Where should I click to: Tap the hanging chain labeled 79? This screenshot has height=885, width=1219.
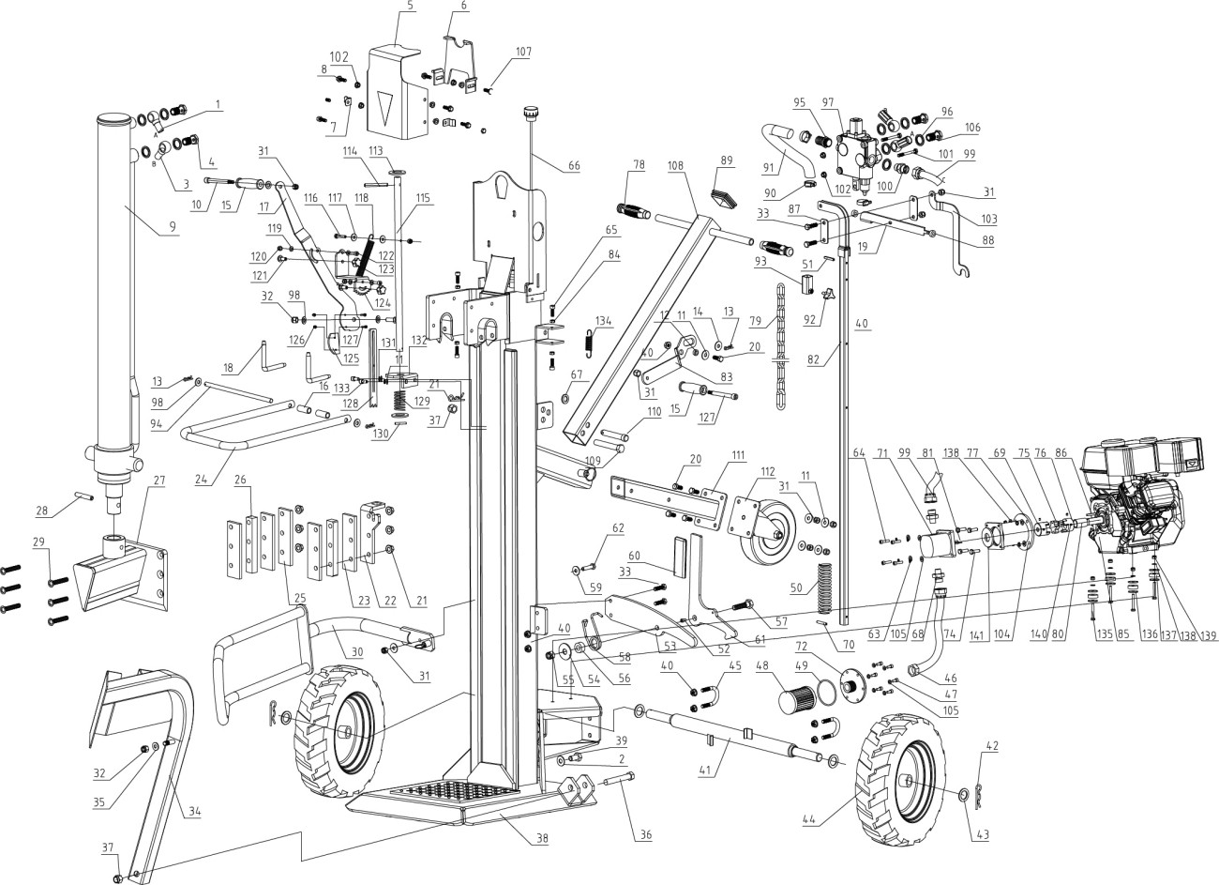[777, 361]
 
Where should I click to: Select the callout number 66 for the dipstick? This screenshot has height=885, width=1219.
[573, 166]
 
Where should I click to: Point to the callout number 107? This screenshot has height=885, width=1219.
[522, 52]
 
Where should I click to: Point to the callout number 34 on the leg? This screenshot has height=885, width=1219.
[192, 811]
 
